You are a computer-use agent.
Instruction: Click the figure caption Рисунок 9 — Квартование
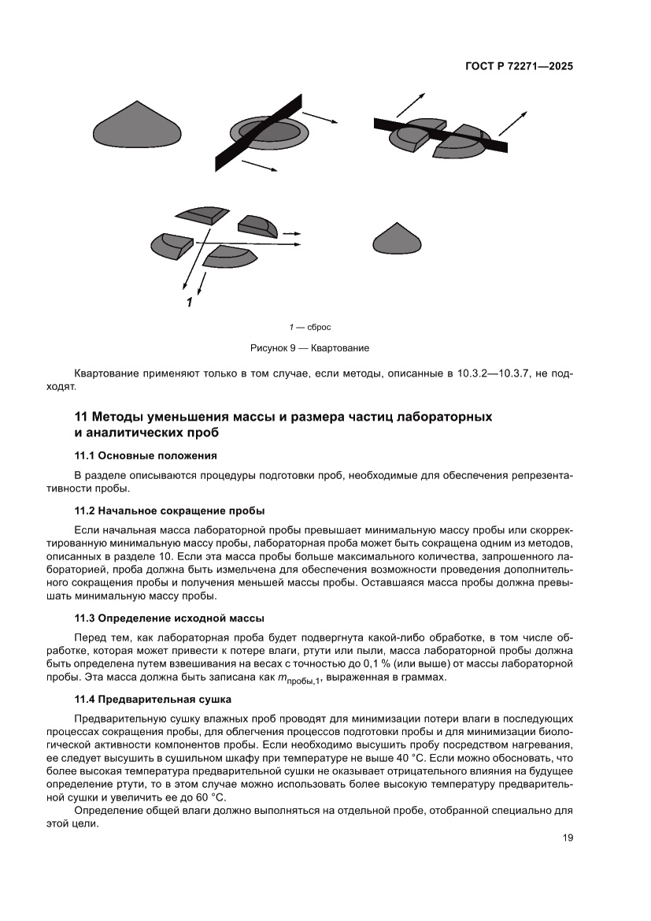click(309, 347)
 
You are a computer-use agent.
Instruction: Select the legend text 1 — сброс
click(309, 326)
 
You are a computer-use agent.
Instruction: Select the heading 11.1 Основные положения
click(145, 455)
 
